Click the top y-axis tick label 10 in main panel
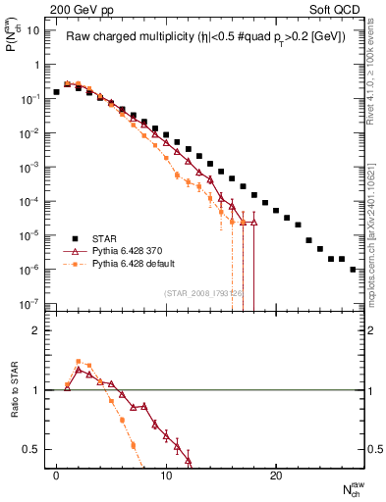[31, 30]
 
